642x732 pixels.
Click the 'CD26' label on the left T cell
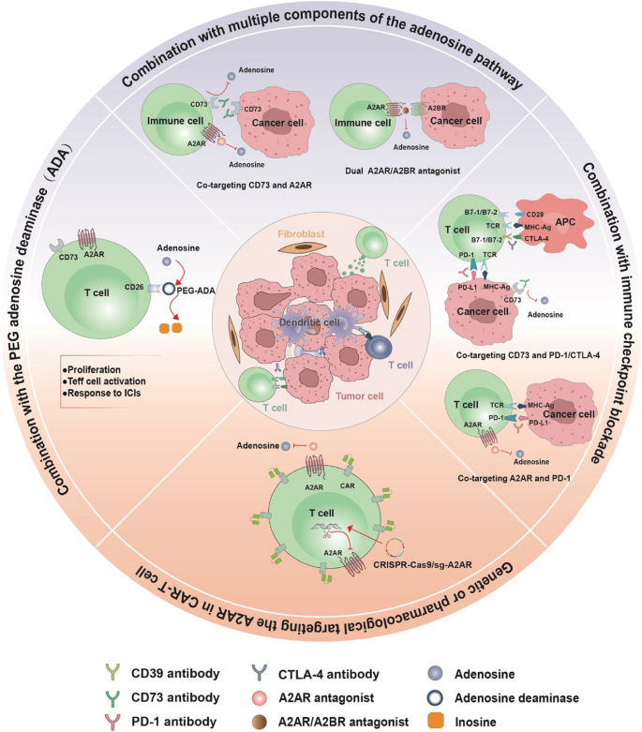(130, 289)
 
